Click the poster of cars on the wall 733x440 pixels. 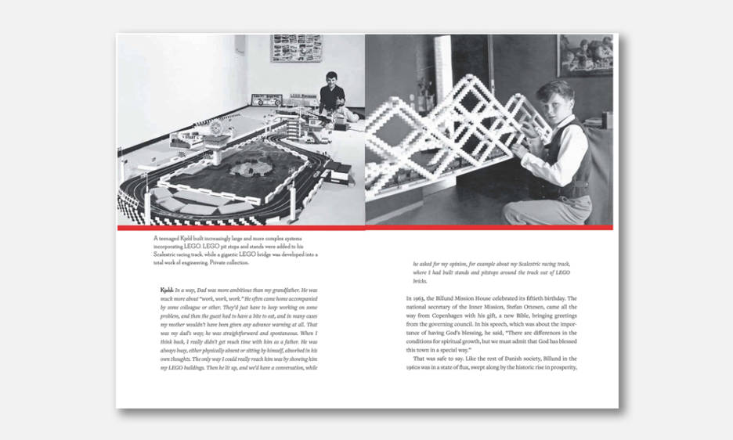(296, 49)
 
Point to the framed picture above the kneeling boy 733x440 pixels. (584, 54)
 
